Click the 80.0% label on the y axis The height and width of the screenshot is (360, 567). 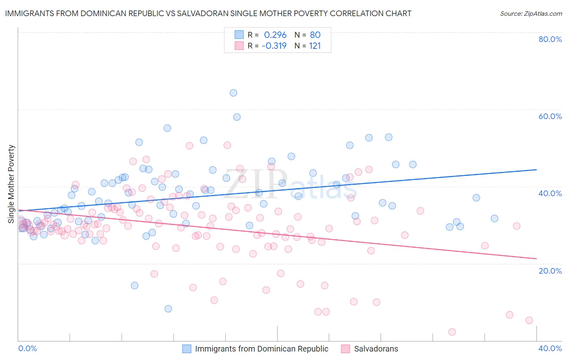point(550,39)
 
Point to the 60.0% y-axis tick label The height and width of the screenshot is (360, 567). point(550,116)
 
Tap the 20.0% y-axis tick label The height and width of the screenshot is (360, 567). point(550,270)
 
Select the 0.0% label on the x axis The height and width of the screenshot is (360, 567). point(27,348)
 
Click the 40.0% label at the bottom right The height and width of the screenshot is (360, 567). point(550,348)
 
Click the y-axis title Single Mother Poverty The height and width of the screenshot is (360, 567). point(11,184)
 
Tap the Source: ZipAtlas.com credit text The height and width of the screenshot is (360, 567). point(531,13)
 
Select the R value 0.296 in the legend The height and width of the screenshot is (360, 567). point(275,35)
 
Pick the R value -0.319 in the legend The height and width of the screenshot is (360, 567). point(274,46)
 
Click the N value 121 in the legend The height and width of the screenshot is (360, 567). point(315,46)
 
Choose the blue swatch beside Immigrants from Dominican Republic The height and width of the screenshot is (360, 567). point(187,349)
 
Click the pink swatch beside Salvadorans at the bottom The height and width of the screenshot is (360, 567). point(346,349)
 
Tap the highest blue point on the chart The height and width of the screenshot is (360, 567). point(233,93)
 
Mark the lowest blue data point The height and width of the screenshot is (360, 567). point(168,309)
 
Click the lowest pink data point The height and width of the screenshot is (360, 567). point(452,332)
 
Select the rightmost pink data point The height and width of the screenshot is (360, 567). point(529,320)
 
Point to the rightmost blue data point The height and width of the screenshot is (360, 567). point(494,218)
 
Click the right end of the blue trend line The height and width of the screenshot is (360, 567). point(537,170)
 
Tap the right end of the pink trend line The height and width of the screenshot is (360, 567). point(537,259)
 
